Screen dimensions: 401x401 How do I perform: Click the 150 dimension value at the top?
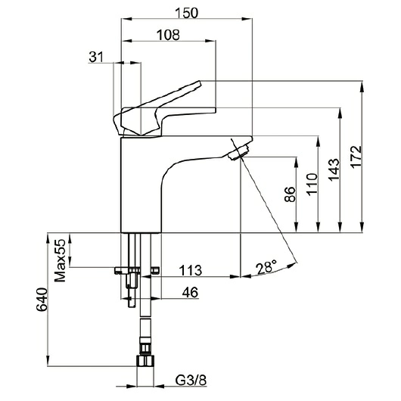pos(186,13)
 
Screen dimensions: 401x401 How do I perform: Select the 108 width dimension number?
pos(168,35)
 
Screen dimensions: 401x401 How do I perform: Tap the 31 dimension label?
pos(96,57)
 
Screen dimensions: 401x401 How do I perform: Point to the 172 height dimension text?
pos(356,157)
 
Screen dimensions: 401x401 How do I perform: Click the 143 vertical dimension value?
pos(334,169)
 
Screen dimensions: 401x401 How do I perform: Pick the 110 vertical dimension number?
pos(312,185)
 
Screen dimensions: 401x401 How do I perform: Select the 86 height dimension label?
pos(291,194)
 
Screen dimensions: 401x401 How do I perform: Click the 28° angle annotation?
pos(266,268)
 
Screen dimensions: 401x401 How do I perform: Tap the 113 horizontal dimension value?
pos(190,270)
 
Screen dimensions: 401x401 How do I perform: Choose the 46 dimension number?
pos(190,292)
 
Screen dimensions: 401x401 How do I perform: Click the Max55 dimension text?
pos(61,260)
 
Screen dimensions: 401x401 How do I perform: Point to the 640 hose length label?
pos(42,300)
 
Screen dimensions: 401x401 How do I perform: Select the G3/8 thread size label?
pos(191,381)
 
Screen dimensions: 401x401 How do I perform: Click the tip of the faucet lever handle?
pos(200,83)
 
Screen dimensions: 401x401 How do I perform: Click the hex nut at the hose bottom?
pos(145,361)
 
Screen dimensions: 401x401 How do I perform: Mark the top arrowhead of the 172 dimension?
pos(362,86)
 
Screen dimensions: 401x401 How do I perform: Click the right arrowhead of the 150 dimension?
pos(247,19)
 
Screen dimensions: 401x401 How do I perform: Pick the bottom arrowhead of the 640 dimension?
pos(48,360)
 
